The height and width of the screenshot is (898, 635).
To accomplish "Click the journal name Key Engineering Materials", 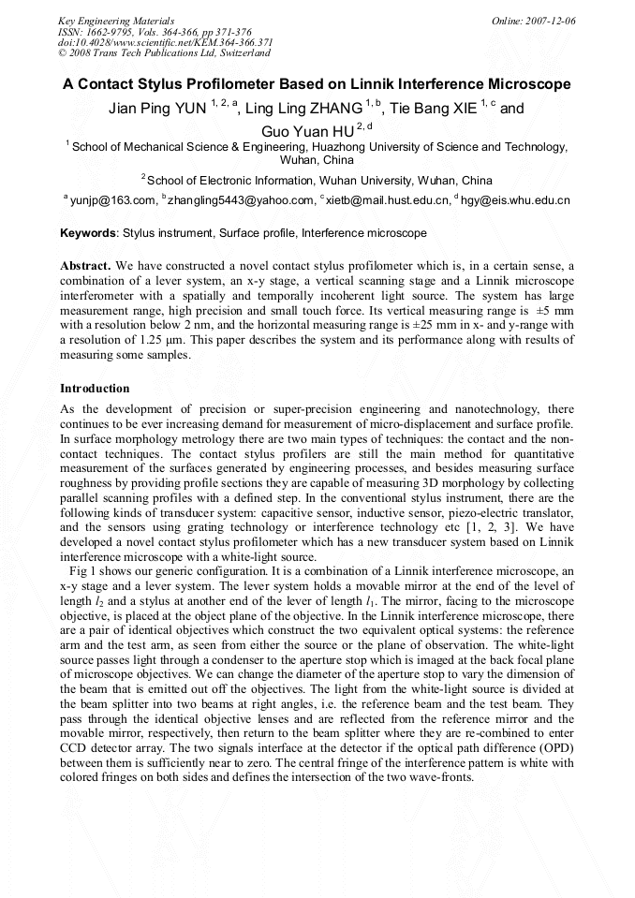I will click(116, 20).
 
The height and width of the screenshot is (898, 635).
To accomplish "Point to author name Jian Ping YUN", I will click(158, 108).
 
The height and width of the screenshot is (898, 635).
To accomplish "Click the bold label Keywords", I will click(88, 232).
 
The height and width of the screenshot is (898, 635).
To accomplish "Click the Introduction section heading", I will click(95, 388).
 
